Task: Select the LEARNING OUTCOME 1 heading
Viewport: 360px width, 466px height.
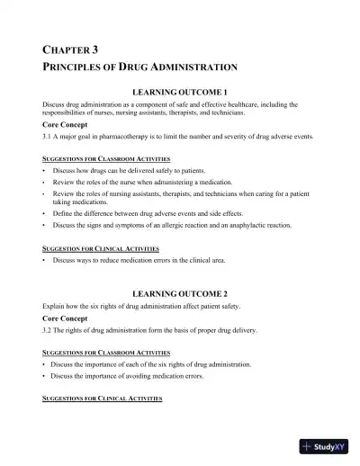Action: pyautogui.click(x=179, y=93)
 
